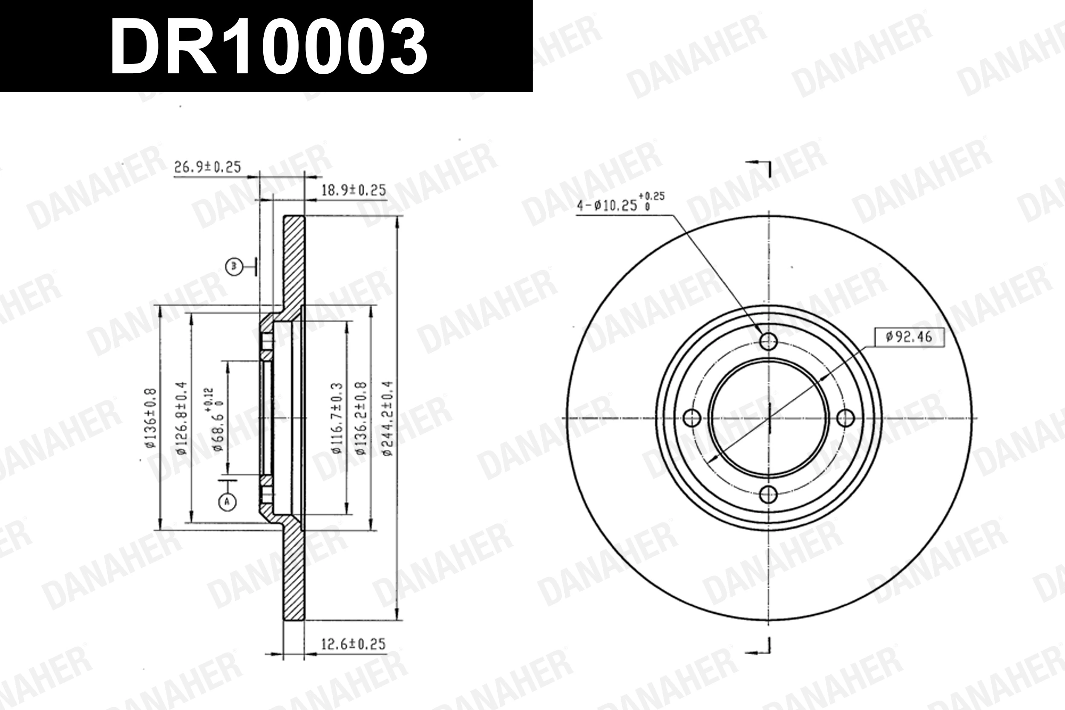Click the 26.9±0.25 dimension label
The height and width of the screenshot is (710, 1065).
pos(207,167)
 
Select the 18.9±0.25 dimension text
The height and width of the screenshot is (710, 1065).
pos(353,190)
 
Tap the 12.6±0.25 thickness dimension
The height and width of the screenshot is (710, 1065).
pos(353,644)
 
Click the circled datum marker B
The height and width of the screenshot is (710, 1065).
pos(233,266)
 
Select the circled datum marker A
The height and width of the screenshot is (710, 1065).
pos(228,501)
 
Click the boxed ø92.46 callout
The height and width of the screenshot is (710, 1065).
pos(909,337)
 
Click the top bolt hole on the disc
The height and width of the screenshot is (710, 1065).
pos(769,342)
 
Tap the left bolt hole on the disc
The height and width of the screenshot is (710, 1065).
pos(691,418)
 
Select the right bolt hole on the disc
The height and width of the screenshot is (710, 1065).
pos(845,418)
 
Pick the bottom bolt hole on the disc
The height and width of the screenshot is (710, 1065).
pos(769,494)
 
